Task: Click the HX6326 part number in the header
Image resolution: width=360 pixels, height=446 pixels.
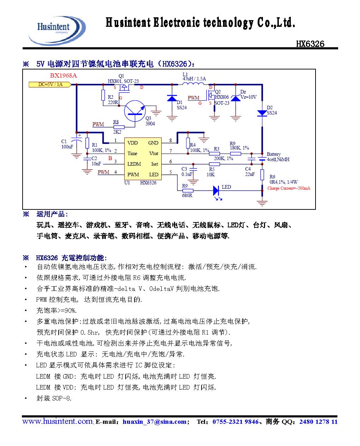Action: coord(310,44)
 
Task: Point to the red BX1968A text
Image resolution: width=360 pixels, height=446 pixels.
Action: coord(63,75)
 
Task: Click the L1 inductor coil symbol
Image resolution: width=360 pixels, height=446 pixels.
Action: coord(194,85)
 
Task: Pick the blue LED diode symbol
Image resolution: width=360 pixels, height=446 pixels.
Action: coord(216,191)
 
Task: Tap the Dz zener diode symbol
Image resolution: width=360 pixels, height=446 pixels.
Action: coord(235,97)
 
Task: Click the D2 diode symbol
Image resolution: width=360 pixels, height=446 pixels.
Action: coord(262,113)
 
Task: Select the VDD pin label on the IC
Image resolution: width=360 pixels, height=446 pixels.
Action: coord(132,143)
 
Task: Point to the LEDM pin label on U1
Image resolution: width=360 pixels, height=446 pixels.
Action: coord(134,164)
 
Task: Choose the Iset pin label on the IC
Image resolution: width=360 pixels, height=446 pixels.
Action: coord(155,164)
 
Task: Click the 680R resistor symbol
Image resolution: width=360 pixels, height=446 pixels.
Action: coord(187,191)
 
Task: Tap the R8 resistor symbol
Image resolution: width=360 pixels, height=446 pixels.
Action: coord(119,127)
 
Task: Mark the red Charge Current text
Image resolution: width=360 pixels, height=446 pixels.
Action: coord(289,188)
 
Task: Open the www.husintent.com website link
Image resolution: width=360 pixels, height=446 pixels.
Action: coord(57,421)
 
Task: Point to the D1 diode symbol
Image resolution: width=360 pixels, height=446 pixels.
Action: coord(172,98)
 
